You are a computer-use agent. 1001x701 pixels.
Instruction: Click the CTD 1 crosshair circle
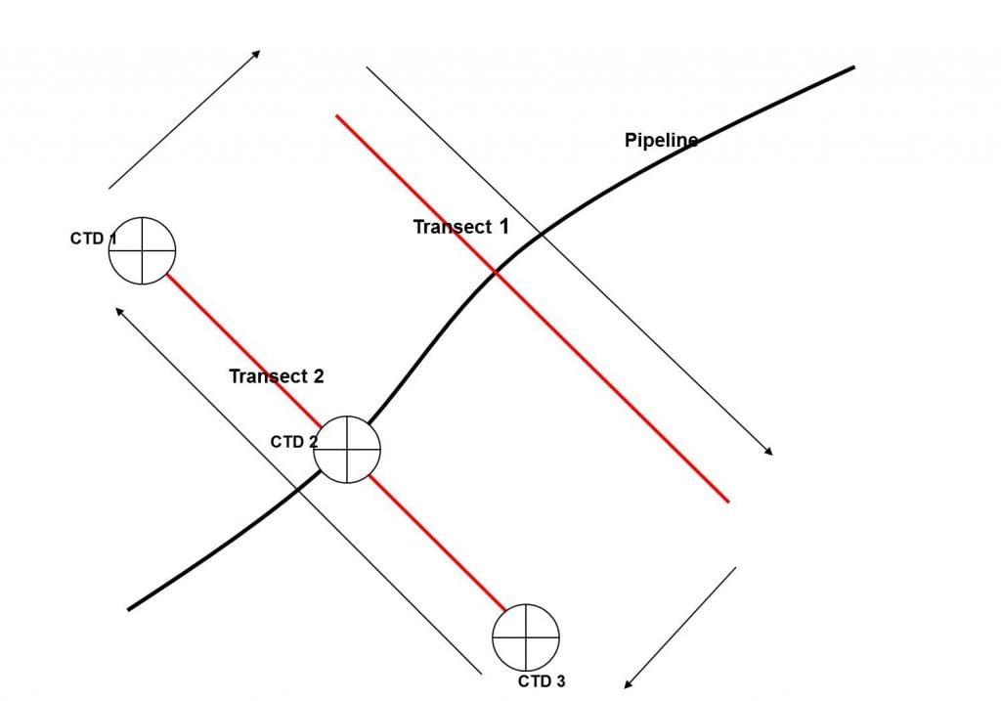click(142, 250)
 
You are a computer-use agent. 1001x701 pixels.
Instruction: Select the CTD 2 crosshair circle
click(347, 449)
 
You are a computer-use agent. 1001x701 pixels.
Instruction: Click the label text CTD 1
click(92, 238)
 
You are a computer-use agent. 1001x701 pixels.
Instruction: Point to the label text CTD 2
click(293, 442)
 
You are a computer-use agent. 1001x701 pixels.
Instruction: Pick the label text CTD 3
click(541, 681)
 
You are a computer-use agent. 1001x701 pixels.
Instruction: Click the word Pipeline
click(661, 140)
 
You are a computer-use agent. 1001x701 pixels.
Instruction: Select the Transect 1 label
click(460, 227)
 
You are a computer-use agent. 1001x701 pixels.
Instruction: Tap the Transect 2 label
click(276, 375)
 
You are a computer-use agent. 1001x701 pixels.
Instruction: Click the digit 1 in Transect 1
click(504, 226)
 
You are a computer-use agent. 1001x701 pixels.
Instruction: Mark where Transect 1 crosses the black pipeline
click(497, 273)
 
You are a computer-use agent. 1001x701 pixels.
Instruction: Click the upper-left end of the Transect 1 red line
click(336, 115)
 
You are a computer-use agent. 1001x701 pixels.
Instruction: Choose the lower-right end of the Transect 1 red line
click(728, 502)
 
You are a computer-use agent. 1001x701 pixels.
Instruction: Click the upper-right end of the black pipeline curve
click(853, 67)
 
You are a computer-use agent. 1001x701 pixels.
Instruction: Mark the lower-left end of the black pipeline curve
click(129, 609)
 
